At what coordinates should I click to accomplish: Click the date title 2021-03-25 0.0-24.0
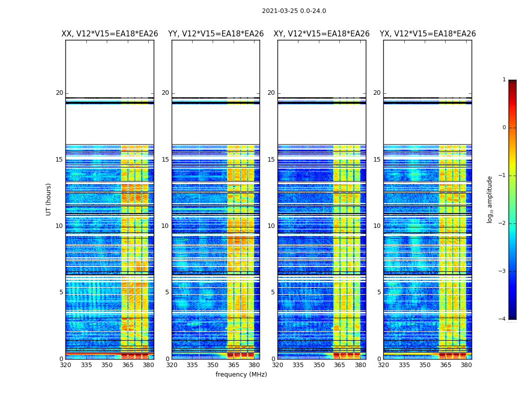pyautogui.click(x=294, y=11)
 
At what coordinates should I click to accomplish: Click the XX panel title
pyautogui.click(x=110, y=34)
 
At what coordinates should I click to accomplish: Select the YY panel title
pyautogui.click(x=216, y=34)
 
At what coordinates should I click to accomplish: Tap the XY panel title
pyautogui.click(x=321, y=34)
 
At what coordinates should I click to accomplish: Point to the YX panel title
pyautogui.click(x=428, y=34)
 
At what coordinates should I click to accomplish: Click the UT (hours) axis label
pyautogui.click(x=49, y=199)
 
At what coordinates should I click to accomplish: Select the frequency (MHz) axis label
pyautogui.click(x=241, y=375)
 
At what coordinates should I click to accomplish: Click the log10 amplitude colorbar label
pyautogui.click(x=490, y=199)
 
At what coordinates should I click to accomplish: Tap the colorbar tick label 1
pyautogui.click(x=504, y=80)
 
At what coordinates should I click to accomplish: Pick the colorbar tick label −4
pyautogui.click(x=503, y=319)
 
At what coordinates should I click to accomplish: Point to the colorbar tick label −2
pyautogui.click(x=503, y=223)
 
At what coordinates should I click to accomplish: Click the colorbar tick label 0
pyautogui.click(x=504, y=128)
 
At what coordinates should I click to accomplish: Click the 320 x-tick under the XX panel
pyautogui.click(x=65, y=365)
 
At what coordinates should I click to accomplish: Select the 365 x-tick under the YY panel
pyautogui.click(x=234, y=365)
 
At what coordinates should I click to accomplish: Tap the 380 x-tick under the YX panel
pyautogui.click(x=466, y=365)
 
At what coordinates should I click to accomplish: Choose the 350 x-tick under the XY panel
pyautogui.click(x=319, y=365)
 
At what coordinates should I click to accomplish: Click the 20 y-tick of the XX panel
pyautogui.click(x=59, y=93)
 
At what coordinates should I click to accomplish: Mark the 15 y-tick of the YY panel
pyautogui.click(x=165, y=160)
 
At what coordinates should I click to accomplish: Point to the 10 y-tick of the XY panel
pyautogui.click(x=271, y=226)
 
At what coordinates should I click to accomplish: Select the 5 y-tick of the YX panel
pyautogui.click(x=379, y=292)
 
